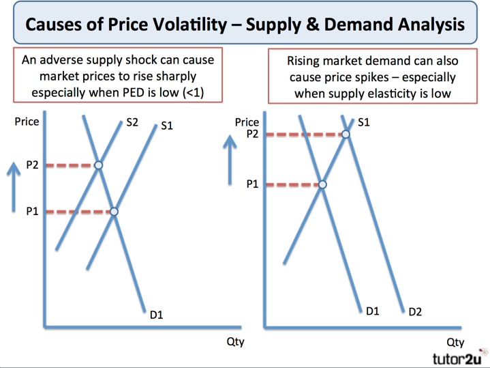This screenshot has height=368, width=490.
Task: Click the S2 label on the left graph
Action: pyautogui.click(x=132, y=122)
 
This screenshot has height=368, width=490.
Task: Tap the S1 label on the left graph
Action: pyautogui.click(x=167, y=126)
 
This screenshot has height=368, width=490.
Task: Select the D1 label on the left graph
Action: pyautogui.click(x=156, y=315)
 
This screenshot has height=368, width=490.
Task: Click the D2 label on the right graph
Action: pyautogui.click(x=415, y=312)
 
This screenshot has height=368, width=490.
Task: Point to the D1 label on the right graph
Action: pyautogui.click(x=372, y=311)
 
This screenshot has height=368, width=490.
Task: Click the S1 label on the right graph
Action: pyautogui.click(x=363, y=122)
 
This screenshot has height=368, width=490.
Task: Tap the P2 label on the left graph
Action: pyautogui.click(x=32, y=165)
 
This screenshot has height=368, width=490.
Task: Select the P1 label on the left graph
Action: pyautogui.click(x=32, y=212)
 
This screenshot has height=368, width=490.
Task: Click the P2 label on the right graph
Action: pyautogui.click(x=252, y=135)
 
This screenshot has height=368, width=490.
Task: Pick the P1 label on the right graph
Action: pyautogui.click(x=252, y=184)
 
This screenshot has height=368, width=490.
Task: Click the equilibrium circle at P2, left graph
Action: pyautogui.click(x=98, y=165)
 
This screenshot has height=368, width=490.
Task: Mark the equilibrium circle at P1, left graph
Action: pyautogui.click(x=114, y=212)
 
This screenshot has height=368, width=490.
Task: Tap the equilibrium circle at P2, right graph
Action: pyautogui.click(x=346, y=135)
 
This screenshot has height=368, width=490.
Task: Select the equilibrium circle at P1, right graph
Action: pyautogui.click(x=322, y=184)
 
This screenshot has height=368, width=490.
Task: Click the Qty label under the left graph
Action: pyautogui.click(x=235, y=341)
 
